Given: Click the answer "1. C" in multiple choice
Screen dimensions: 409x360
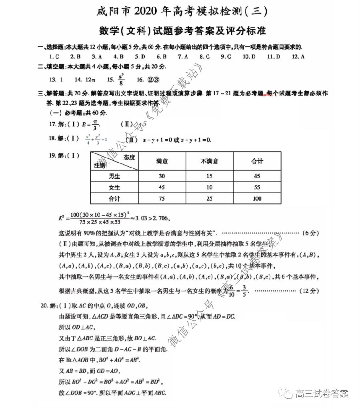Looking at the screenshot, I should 54,57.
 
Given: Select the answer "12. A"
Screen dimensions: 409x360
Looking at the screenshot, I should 298,57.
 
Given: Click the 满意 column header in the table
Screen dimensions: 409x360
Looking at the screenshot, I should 162,161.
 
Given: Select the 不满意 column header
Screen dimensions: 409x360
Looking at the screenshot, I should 210,161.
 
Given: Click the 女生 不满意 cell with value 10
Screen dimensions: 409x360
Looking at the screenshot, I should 210,188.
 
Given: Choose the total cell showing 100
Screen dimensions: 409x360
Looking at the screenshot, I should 257,199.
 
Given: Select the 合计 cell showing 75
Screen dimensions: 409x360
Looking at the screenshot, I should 162,199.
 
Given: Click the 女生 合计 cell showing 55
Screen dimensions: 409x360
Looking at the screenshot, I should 257,188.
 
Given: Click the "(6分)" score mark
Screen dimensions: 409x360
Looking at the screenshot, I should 308,233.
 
